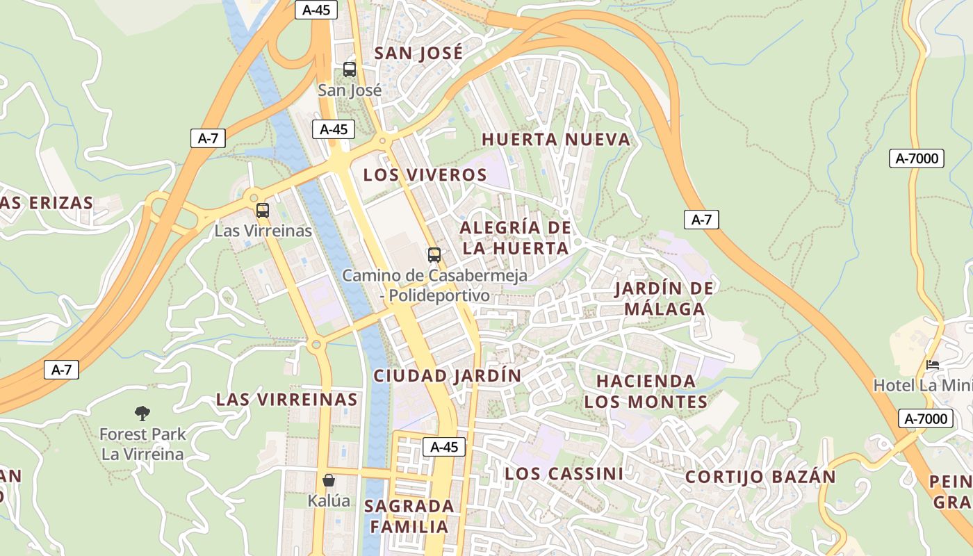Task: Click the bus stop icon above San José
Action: click(350, 69)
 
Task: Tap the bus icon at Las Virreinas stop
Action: click(263, 211)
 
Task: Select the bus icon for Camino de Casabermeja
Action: click(434, 255)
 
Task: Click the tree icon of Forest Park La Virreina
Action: click(142, 414)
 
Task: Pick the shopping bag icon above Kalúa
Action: click(329, 480)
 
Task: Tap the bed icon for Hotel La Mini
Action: click(933, 364)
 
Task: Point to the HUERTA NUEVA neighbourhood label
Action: click(556, 139)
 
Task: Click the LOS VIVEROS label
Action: click(425, 174)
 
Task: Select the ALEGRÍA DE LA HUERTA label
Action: click(515, 238)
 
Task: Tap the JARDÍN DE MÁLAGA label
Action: click(664, 298)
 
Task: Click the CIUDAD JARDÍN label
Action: click(448, 375)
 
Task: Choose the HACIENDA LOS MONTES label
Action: click(646, 391)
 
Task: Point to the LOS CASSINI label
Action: click(564, 473)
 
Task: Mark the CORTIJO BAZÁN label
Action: click(760, 477)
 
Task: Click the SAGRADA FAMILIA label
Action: click(409, 516)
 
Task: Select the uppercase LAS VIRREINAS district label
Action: click(286, 400)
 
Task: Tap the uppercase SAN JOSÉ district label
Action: click(418, 53)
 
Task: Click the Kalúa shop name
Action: click(329, 500)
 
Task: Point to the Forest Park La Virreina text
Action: click(142, 444)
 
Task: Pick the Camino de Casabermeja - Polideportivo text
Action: click(434, 285)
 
